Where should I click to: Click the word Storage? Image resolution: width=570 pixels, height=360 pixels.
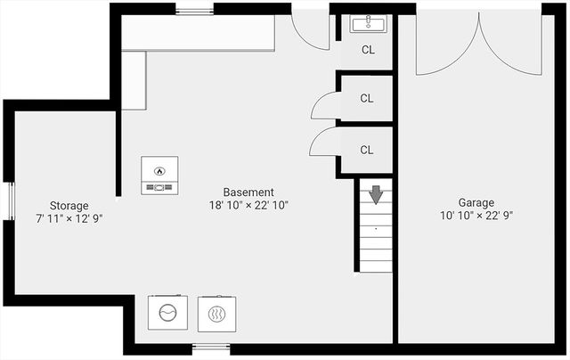pos(69,206)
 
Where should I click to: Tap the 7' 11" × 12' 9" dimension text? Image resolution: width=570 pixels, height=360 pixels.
pos(69,218)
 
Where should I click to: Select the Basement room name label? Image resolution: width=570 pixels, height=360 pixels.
pos(248,192)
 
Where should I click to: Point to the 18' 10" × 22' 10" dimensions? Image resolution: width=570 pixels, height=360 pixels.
pos(248,205)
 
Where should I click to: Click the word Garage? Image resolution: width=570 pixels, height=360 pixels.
pos(476,202)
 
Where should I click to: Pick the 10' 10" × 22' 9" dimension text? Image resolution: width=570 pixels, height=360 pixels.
pos(476,215)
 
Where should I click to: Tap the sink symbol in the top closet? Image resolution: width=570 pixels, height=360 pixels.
pos(367,24)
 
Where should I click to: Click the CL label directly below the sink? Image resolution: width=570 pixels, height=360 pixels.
pos(368,50)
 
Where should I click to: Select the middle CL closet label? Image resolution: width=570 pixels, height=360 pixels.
pos(367,99)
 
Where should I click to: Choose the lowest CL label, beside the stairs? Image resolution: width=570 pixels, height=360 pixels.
pos(367,150)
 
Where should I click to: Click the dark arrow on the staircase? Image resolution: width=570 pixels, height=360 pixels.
pos(375,193)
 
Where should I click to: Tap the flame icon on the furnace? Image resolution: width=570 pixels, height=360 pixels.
pos(159,169)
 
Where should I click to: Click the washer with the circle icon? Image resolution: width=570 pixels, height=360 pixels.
pos(167,313)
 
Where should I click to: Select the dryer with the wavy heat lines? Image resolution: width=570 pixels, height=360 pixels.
pos(216,314)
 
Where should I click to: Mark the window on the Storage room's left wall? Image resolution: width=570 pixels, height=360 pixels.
pos(10,202)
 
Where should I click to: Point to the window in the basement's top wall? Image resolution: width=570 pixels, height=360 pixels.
pos(193,11)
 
